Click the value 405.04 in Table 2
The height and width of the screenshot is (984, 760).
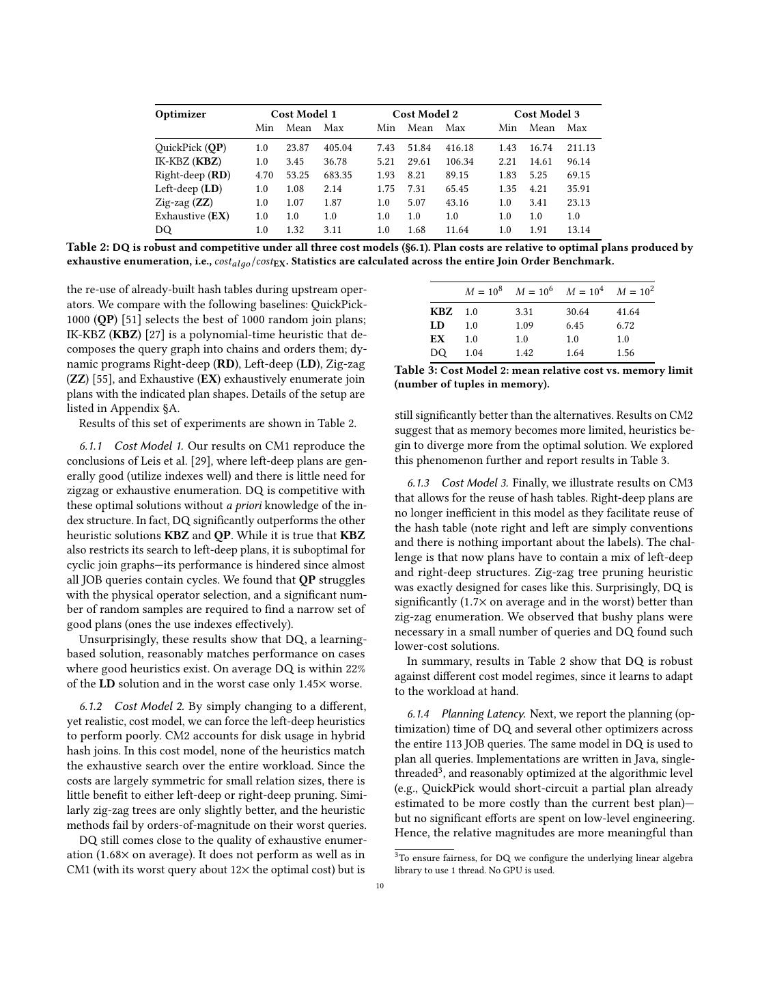coord(337,148)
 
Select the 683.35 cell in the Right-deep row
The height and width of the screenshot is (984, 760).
coord(337,175)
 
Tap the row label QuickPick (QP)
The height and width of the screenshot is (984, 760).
coord(191,148)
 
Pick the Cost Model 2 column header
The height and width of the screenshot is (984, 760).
coord(425,114)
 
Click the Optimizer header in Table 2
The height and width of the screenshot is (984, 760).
coord(180,114)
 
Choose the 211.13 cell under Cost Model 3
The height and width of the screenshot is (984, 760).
coord(580,148)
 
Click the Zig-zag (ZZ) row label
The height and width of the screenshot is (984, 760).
coord(184,202)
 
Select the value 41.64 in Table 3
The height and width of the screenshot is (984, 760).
coord(628,312)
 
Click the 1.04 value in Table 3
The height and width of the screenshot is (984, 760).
coord(472,353)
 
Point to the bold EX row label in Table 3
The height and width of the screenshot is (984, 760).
coord(437,339)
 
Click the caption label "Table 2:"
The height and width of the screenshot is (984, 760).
coord(87,247)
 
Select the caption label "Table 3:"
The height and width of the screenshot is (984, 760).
coord(415,370)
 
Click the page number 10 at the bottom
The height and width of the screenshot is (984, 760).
coord(380,886)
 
